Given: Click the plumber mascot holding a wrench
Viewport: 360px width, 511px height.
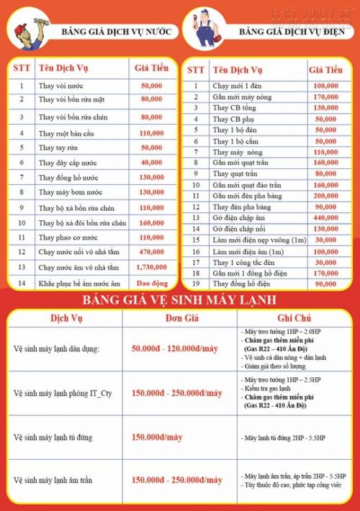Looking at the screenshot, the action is click(x=25, y=33).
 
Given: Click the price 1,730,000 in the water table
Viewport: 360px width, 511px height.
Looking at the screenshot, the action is click(x=150, y=267).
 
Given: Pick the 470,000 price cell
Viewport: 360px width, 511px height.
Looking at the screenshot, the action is click(x=150, y=252).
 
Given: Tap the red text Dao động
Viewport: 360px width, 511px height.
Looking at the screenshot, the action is click(x=151, y=284).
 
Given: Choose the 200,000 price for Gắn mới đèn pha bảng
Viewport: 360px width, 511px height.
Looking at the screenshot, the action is click(x=325, y=196).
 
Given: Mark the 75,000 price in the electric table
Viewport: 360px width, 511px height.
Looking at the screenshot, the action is click(x=325, y=273).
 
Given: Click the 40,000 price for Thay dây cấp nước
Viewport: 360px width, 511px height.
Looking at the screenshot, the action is click(x=150, y=163).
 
